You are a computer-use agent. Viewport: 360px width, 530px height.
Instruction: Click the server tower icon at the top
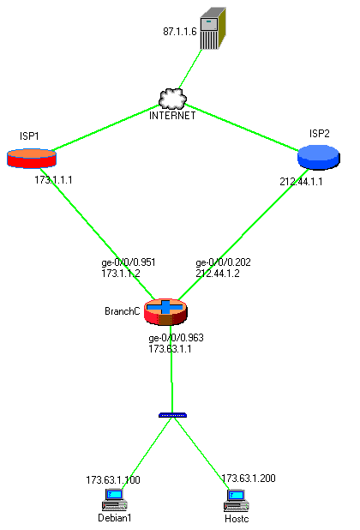(213, 28)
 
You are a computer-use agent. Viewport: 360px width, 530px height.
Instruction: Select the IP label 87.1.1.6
(180, 32)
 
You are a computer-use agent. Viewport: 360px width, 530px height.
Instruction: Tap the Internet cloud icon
(172, 99)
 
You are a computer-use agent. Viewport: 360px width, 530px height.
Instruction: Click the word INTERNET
(172, 116)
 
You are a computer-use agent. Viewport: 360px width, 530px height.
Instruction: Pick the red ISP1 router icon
(32, 158)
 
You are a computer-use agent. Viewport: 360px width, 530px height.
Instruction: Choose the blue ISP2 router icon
(319, 157)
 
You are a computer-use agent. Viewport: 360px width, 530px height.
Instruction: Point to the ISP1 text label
(29, 136)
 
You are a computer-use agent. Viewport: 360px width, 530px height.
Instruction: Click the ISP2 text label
(319, 134)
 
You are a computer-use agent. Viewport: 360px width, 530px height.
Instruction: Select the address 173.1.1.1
(53, 180)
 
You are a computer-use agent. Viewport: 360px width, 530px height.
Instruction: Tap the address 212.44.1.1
(301, 182)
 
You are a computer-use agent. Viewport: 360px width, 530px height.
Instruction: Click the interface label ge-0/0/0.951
(129, 262)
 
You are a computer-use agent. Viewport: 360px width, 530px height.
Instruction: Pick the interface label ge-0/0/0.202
(223, 262)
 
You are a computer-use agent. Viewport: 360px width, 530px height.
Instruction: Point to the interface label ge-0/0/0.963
(176, 338)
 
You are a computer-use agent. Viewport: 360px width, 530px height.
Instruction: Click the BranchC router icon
(165, 312)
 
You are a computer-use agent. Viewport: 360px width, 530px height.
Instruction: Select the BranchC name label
(123, 311)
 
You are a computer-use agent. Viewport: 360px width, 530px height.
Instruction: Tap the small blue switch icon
(172, 415)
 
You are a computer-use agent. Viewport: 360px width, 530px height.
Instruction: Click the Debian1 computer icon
(115, 500)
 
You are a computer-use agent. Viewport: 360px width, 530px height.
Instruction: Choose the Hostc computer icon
(236, 501)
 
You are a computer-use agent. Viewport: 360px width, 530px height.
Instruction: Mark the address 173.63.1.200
(249, 479)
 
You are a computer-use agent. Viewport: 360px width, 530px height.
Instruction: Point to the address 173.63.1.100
(113, 480)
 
